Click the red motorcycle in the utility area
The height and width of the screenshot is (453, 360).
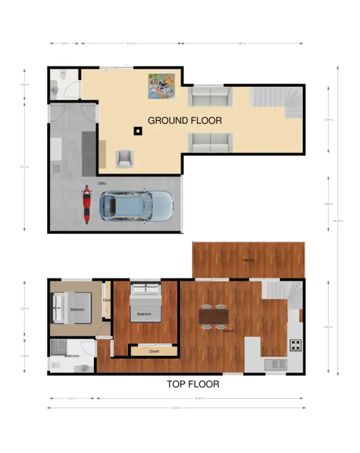point(86,204)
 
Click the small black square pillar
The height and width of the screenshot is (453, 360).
point(138,130)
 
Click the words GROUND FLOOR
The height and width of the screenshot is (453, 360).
point(185,120)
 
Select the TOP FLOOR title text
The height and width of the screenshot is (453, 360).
point(193,384)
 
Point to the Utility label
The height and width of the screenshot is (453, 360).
point(102,183)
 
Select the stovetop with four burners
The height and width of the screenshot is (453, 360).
point(295,344)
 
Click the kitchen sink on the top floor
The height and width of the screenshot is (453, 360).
point(276,364)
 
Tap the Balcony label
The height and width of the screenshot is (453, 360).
point(248,261)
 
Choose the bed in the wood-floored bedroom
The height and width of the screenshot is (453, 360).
point(144,302)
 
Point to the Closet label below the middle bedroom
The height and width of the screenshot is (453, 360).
point(154,351)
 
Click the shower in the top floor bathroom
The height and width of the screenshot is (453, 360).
point(59,346)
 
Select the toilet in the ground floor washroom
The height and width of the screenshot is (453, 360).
point(54,87)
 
